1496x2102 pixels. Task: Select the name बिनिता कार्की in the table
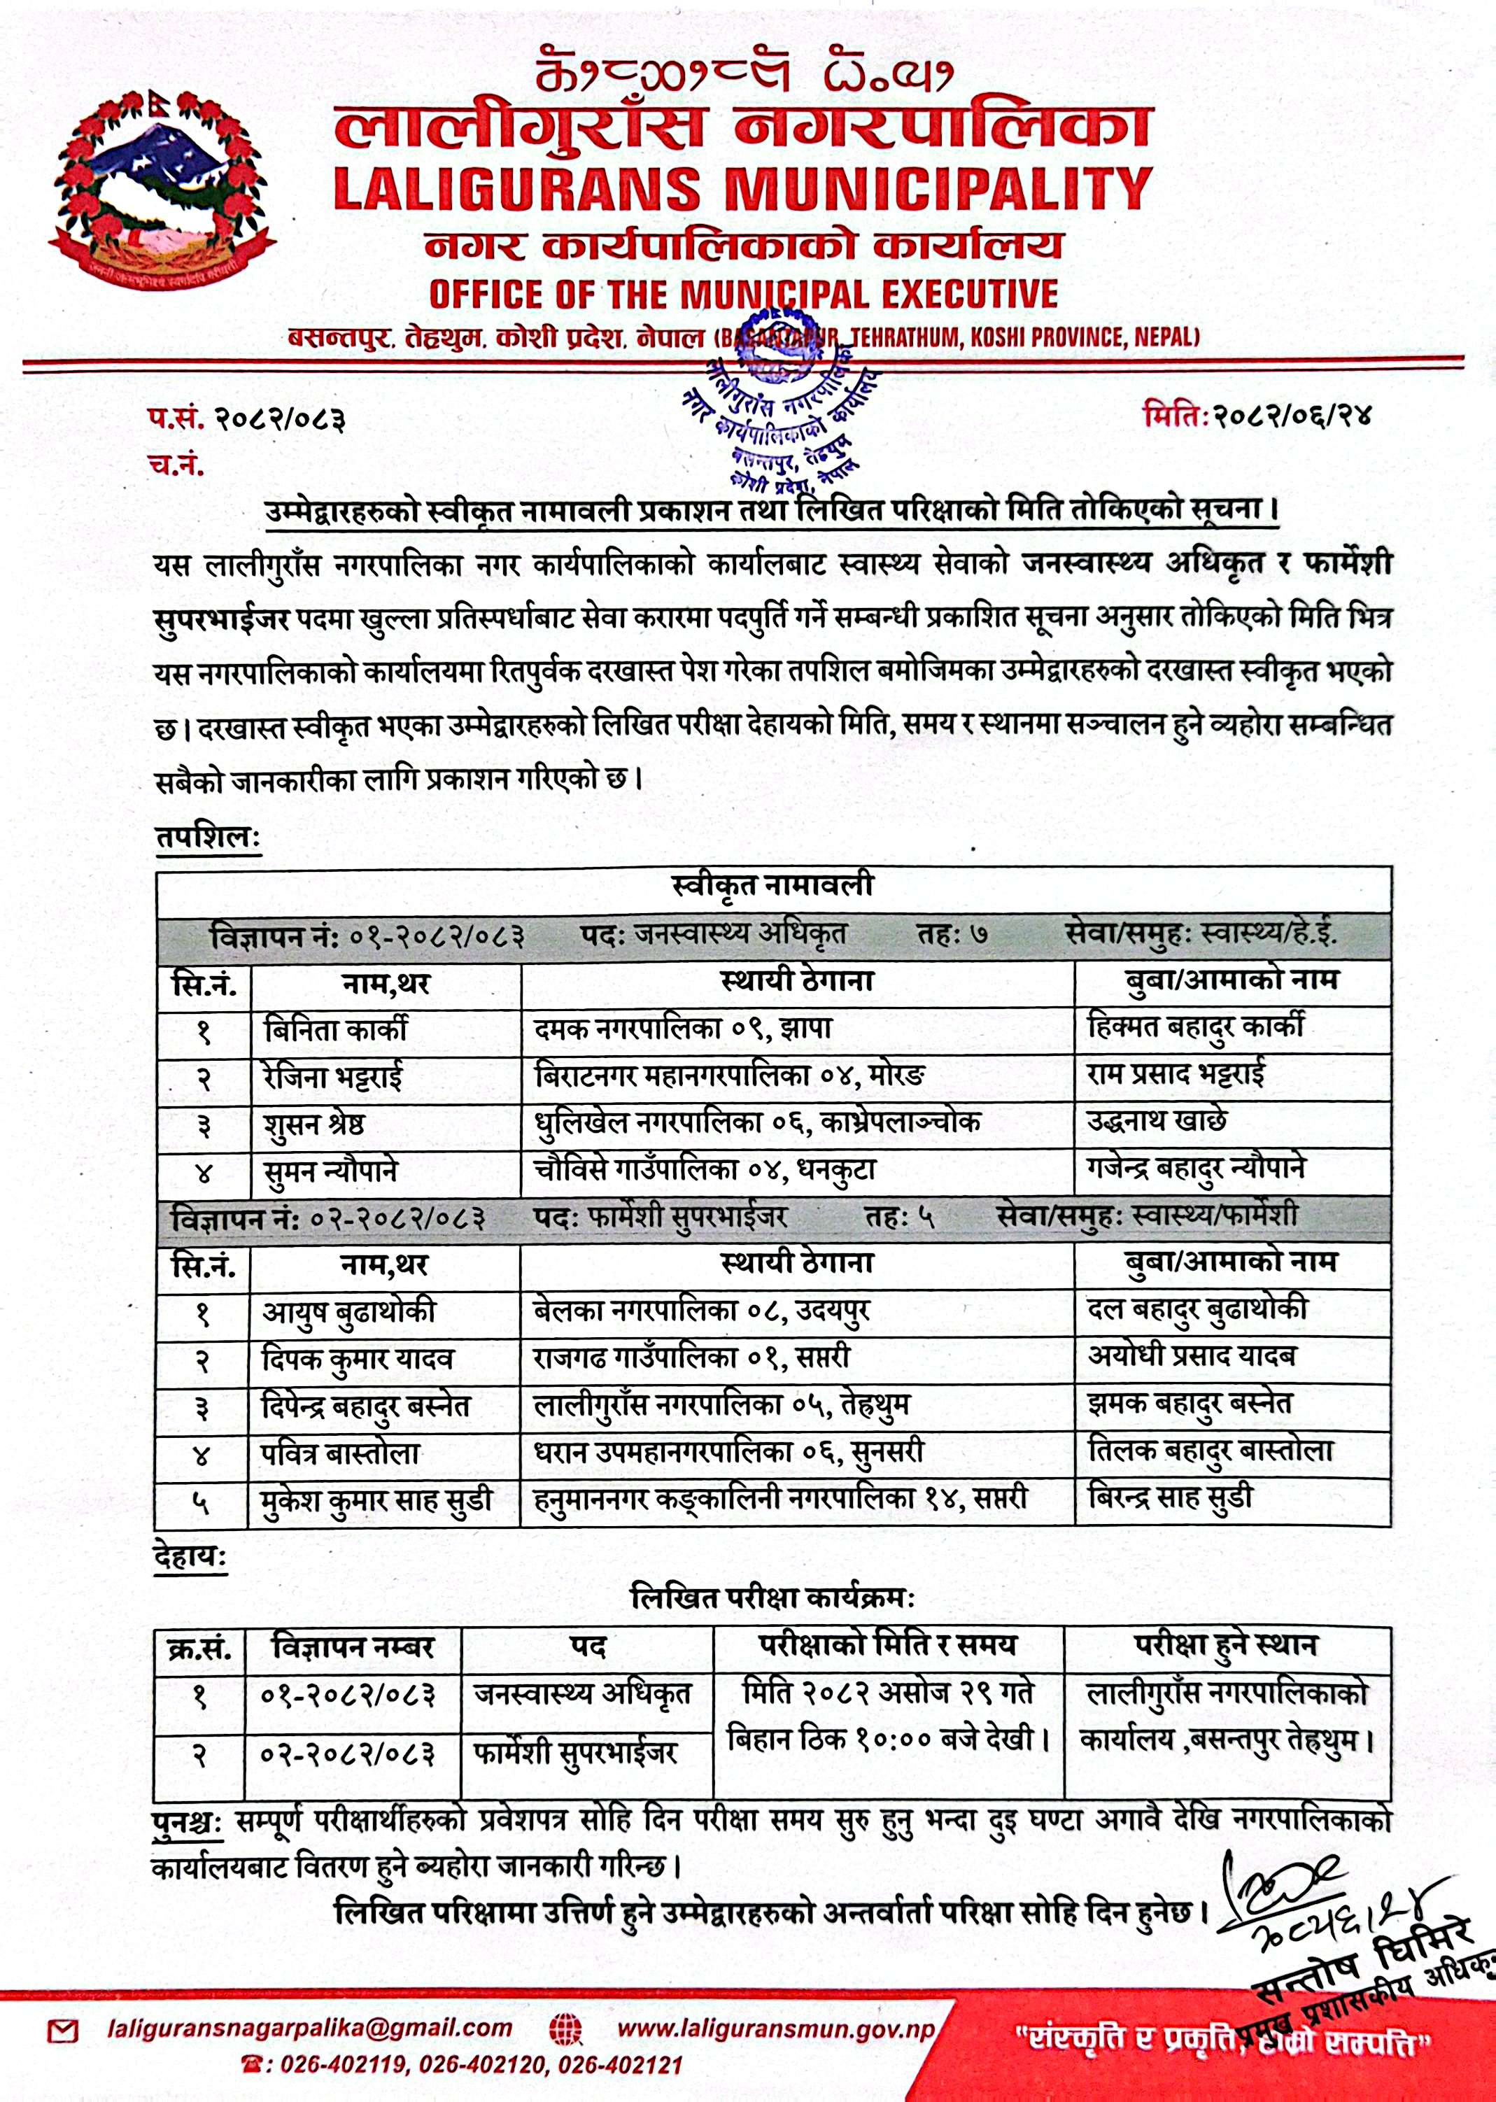point(334,1029)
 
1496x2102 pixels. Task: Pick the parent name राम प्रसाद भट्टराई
point(1176,1074)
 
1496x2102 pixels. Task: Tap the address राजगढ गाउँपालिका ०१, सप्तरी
point(692,1357)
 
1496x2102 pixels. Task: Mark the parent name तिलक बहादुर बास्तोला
point(1211,1452)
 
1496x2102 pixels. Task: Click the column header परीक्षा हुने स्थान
point(1225,1646)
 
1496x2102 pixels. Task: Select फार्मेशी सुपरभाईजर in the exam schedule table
point(576,1751)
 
